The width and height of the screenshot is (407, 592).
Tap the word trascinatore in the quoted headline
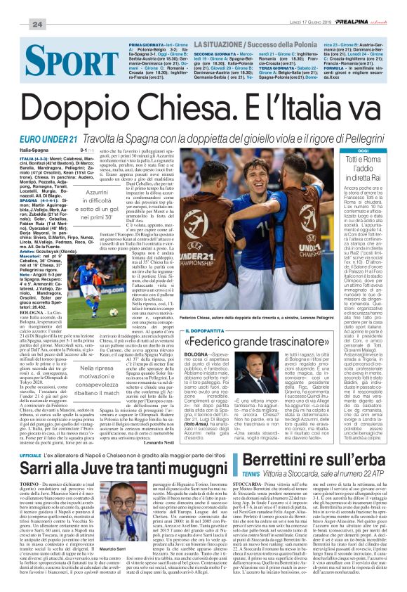click(x=274, y=344)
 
